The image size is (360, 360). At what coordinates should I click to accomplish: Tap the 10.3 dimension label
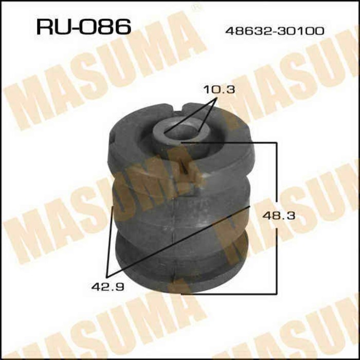219,89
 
